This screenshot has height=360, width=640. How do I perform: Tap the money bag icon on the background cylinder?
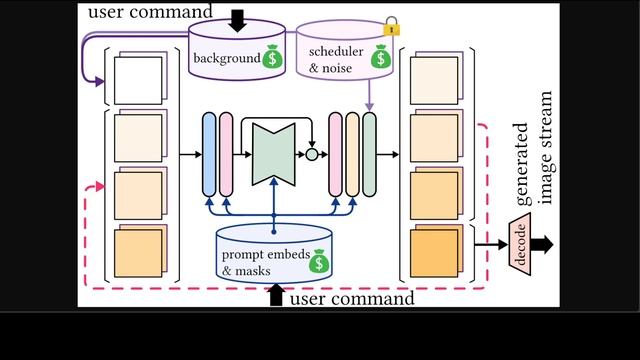coord(272,57)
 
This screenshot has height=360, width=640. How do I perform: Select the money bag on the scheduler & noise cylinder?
coord(379,57)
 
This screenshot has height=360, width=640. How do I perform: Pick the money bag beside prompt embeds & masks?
coord(318,262)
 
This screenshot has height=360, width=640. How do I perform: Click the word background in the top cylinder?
coord(227,57)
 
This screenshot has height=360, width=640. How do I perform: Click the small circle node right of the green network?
coord(311,155)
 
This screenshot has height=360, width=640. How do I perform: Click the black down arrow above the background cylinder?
coord(236,18)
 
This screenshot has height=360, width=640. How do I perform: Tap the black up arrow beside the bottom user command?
coord(276,296)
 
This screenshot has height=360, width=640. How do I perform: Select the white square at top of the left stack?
coord(138,79)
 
